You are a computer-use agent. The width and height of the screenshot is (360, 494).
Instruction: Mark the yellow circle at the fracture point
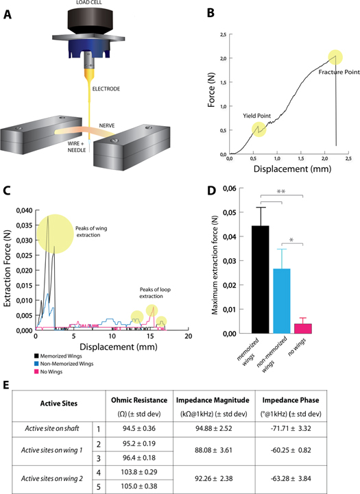(335, 57)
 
